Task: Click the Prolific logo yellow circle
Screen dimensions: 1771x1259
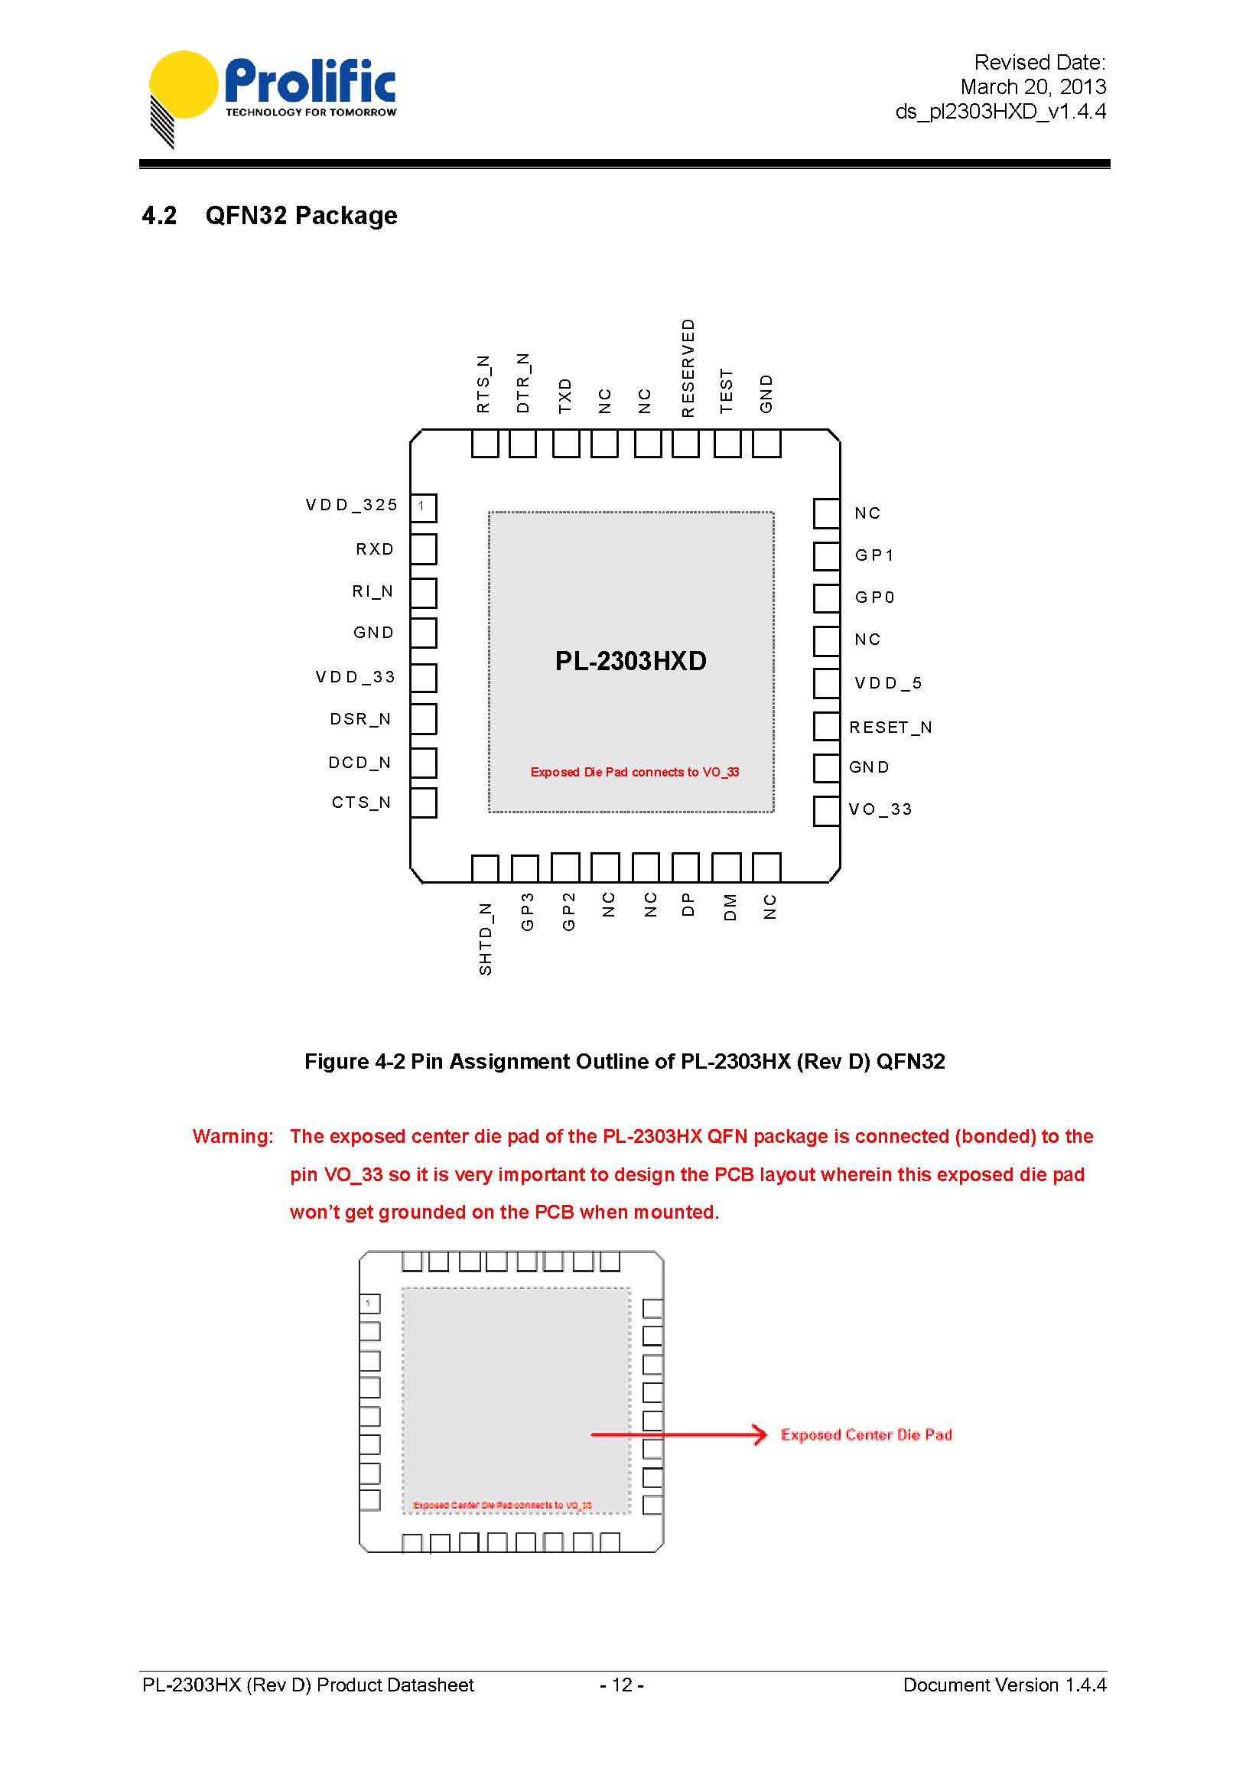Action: [x=184, y=84]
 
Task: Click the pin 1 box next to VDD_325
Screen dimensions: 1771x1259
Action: [x=422, y=507]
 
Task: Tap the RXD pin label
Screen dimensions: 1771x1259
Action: [x=375, y=549]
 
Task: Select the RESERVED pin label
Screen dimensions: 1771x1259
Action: [x=688, y=368]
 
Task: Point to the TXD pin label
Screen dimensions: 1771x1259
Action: [x=565, y=396]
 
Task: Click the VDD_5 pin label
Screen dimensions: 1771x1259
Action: [x=888, y=683]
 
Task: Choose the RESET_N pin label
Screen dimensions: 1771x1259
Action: [x=890, y=728]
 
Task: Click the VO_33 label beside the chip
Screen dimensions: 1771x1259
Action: [x=880, y=809]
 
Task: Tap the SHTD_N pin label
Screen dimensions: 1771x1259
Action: [x=485, y=938]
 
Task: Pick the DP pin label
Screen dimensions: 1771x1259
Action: [x=688, y=905]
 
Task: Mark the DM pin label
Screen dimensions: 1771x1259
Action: [x=730, y=907]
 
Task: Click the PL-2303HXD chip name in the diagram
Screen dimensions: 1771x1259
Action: [x=630, y=662]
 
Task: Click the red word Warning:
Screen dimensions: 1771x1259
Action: [x=233, y=1137]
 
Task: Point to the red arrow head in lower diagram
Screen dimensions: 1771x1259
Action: [x=759, y=1434]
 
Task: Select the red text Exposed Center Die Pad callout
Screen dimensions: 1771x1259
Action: [x=866, y=1434]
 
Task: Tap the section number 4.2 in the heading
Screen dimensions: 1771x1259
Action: [x=159, y=216]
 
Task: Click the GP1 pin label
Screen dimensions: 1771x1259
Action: [x=874, y=555]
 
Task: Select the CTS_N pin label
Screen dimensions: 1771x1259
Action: [x=361, y=802]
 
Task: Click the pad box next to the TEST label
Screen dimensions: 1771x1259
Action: [x=727, y=444]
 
